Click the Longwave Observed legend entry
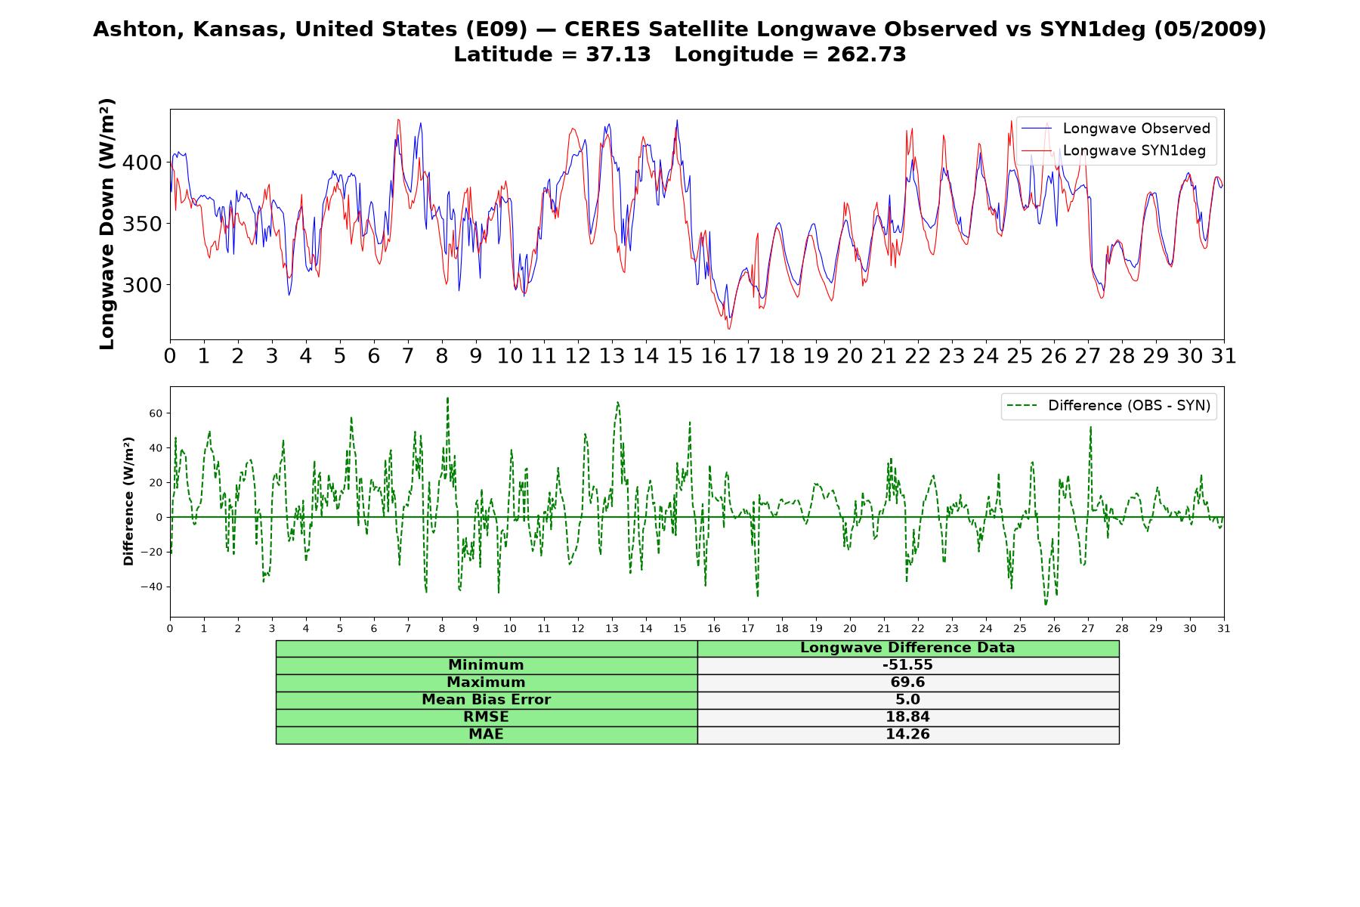pos(1116,128)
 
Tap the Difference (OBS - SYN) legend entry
pos(1109,406)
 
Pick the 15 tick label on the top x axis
pos(679,356)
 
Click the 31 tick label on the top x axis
pos(1223,356)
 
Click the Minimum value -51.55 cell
pos(907,665)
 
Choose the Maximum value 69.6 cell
pos(907,683)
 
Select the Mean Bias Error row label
pos(486,700)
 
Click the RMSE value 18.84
pos(907,717)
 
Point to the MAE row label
pos(486,735)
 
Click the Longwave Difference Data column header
pos(907,648)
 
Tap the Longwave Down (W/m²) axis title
pos(107,224)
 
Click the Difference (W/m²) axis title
pos(128,501)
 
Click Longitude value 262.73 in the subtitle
pos(867,54)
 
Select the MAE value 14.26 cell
pos(907,735)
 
